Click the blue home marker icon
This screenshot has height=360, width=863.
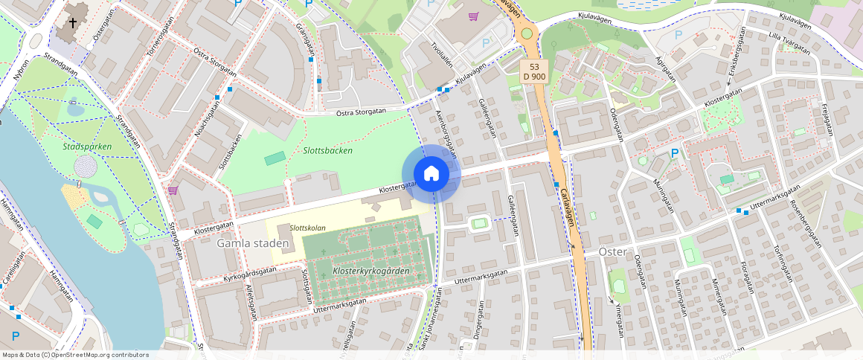[431, 174]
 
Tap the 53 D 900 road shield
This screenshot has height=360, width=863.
[534, 72]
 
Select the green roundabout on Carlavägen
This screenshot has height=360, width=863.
[527, 33]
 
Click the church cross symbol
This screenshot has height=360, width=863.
[73, 23]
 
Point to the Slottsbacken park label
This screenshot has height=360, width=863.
[328, 150]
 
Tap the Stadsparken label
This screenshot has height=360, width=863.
[87, 147]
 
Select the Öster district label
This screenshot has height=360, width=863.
[614, 252]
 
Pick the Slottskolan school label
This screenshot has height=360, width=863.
[308, 228]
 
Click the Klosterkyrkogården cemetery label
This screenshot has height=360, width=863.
[371, 271]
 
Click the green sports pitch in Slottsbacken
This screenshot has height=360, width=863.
[275, 158]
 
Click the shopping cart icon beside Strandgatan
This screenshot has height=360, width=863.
[173, 190]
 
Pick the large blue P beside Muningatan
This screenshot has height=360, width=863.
[675, 153]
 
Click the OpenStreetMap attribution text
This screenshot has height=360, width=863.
[75, 355]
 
